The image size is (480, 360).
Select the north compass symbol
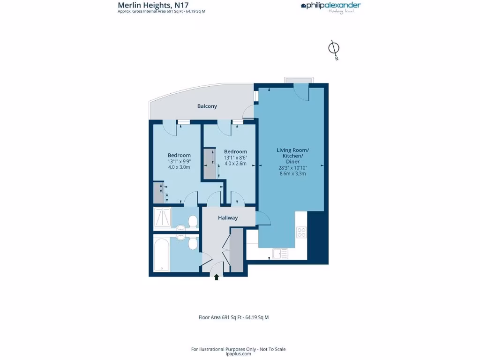click(x=334, y=49)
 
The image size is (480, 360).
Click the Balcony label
click(x=207, y=106)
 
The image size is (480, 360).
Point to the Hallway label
click(x=228, y=218)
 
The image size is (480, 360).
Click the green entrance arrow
click(x=217, y=277)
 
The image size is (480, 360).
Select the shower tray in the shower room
click(x=163, y=218)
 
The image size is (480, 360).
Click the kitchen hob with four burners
click(x=301, y=232)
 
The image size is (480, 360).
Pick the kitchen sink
click(x=280, y=254)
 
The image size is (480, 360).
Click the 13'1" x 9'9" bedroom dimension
click(x=179, y=162)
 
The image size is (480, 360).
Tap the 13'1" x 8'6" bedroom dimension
click(x=235, y=158)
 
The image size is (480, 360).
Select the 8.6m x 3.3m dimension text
click(x=292, y=173)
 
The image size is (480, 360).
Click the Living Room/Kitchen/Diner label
click(x=292, y=156)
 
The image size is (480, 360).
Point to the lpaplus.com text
click(x=238, y=354)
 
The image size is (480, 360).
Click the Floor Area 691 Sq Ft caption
click(x=233, y=317)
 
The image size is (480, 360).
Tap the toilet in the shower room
click(x=192, y=221)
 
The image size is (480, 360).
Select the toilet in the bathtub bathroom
click(x=192, y=243)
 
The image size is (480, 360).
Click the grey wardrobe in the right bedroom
click(x=210, y=164)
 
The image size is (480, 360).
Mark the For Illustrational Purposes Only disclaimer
click(x=238, y=349)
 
